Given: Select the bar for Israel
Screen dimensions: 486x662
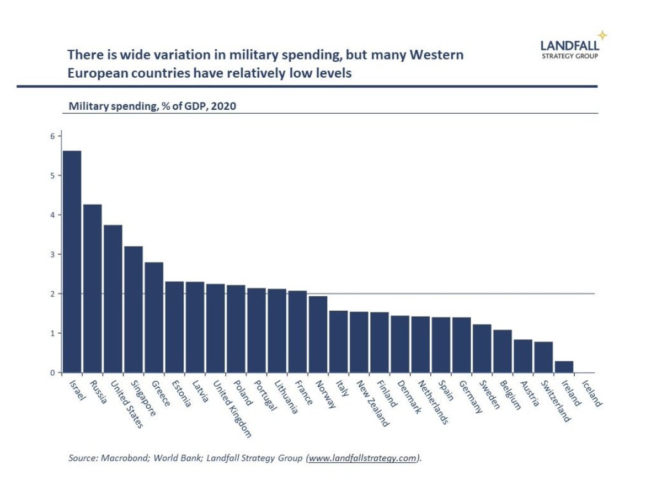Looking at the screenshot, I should click(x=72, y=261).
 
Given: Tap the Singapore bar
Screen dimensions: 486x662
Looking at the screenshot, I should click(x=134, y=309).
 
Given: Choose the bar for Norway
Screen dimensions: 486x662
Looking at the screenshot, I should click(x=318, y=334).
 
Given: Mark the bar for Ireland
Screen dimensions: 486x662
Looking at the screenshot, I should click(x=564, y=367).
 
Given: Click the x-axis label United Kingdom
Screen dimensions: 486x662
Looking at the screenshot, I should click(x=232, y=409).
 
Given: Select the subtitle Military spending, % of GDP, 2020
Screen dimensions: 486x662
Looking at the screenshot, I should click(x=152, y=106).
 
